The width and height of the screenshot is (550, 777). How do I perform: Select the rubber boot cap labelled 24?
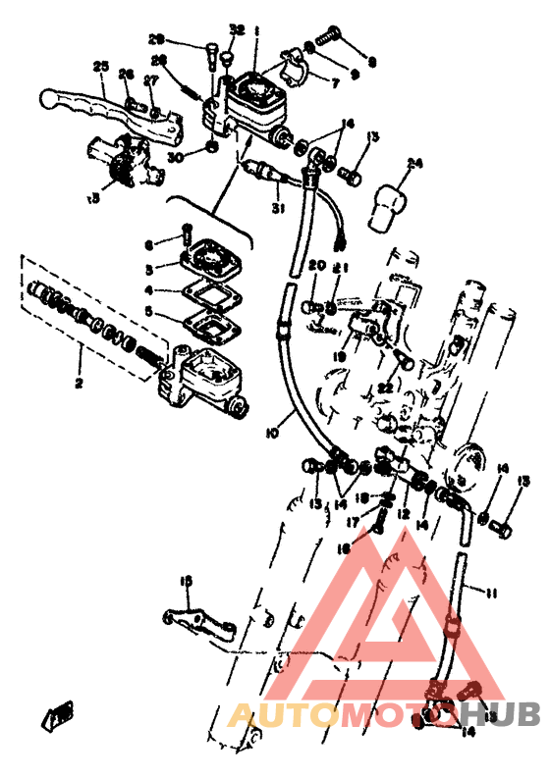click(389, 200)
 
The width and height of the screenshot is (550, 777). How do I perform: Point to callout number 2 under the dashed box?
click(80, 384)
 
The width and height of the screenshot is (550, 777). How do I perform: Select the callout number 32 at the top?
click(236, 30)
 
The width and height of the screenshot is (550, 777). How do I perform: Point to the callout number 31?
click(277, 209)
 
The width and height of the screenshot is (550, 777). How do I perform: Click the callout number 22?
click(385, 389)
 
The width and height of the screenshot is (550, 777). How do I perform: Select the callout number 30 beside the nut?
click(174, 157)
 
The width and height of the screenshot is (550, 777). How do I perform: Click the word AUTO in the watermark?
click(275, 717)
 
